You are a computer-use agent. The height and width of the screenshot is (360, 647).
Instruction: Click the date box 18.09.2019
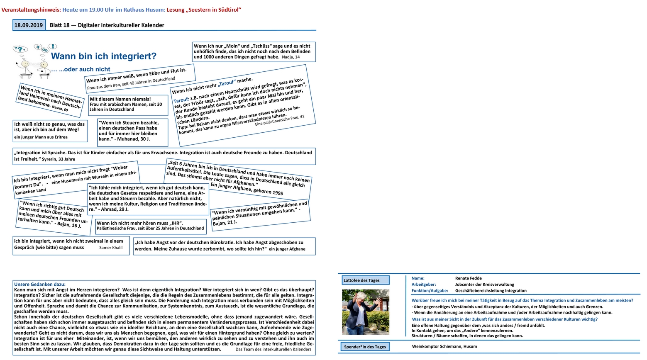point(29,25)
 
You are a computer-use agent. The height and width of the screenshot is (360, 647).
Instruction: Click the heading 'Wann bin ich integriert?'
point(104,56)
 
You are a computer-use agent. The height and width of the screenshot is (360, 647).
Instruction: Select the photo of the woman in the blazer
point(365,312)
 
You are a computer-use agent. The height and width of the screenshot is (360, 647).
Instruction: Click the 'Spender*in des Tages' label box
point(365,347)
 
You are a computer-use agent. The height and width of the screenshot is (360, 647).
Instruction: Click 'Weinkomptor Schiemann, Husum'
point(444,346)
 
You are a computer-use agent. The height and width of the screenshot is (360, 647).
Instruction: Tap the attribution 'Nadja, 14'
point(291,57)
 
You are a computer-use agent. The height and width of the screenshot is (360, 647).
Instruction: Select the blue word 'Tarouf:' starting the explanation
point(181,100)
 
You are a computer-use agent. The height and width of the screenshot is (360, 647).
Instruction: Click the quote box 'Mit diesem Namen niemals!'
point(128,104)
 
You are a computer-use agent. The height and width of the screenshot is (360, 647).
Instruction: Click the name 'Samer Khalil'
point(111,248)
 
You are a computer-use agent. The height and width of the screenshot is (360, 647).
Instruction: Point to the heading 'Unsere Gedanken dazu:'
point(40,285)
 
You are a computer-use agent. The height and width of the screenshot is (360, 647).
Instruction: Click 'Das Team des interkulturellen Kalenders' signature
point(273,349)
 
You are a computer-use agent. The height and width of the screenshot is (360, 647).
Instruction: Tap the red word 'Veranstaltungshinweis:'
point(31,10)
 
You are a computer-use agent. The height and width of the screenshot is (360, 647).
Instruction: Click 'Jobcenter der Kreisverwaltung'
point(484,285)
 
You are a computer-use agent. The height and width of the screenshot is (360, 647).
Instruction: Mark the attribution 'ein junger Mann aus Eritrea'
point(41,137)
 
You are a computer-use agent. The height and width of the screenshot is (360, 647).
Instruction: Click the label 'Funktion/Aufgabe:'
point(430,291)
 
